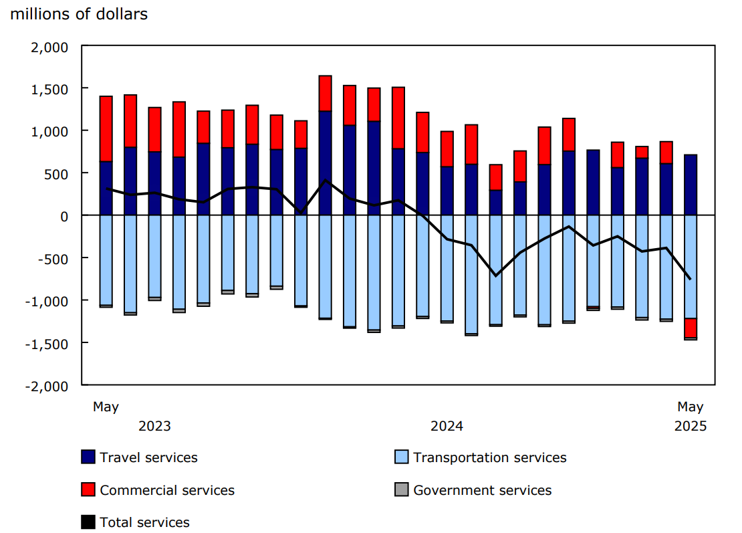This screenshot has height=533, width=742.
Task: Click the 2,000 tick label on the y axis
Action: [50, 47]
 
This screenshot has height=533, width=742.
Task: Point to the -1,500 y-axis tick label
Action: [47, 343]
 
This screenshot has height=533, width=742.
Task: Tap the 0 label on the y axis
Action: [65, 215]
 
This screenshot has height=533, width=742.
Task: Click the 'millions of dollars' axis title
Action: [79, 14]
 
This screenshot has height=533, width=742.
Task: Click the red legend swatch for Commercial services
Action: [88, 490]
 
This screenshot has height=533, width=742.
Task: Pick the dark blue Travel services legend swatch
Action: [88, 457]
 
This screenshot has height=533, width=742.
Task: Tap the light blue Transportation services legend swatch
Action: [401, 457]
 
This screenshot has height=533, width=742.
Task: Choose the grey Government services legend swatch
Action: [401, 490]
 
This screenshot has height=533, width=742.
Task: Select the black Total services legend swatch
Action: [88, 522]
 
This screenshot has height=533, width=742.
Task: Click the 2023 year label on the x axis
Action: [154, 427]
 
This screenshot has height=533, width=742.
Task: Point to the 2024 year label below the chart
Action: [447, 427]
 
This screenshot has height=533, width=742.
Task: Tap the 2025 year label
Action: [691, 427]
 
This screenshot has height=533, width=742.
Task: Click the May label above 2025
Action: [691, 407]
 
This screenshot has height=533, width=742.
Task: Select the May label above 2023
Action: [106, 407]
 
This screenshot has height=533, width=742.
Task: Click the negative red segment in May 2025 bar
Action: [691, 328]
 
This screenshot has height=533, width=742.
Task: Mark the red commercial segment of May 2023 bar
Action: [106, 128]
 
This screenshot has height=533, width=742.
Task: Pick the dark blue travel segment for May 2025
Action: [691, 185]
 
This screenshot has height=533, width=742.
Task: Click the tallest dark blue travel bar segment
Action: [326, 163]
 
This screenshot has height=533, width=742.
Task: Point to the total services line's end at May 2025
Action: [691, 279]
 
